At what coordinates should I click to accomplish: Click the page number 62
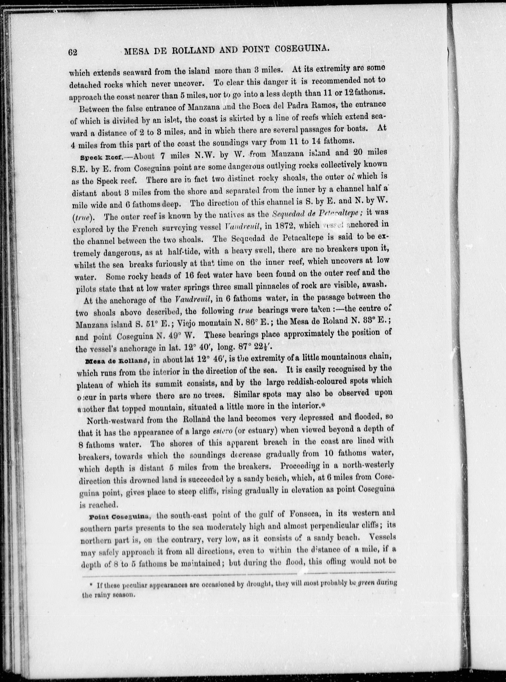pyautogui.click(x=72, y=52)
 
